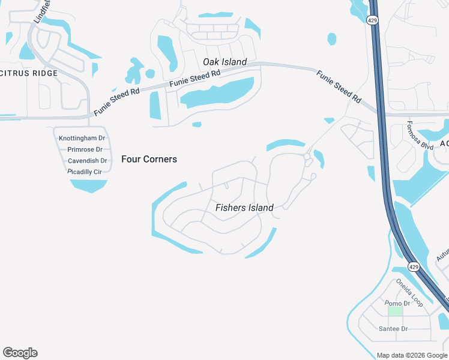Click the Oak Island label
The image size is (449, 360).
[225, 62]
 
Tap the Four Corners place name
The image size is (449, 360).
[149, 159]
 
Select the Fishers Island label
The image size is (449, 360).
[244, 208]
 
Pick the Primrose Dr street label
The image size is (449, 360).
[85, 149]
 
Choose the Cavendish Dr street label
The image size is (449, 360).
[87, 161]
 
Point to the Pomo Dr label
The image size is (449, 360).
[397, 304]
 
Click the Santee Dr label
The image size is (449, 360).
[393, 329]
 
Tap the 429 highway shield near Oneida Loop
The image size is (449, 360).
[413, 266]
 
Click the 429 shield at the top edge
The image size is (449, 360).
[372, 20]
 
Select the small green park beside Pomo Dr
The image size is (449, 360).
[395, 311]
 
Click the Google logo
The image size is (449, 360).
[20, 353]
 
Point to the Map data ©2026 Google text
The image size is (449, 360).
[411, 355]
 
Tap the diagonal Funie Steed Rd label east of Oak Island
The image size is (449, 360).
[339, 86]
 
